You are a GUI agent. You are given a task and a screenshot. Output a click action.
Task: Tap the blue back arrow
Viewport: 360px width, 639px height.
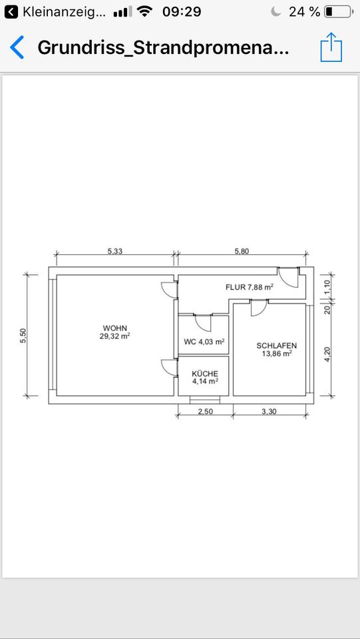17,47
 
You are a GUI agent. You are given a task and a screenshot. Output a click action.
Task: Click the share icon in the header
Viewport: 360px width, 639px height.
331,47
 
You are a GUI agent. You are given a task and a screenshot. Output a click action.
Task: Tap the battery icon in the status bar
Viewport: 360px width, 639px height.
339,12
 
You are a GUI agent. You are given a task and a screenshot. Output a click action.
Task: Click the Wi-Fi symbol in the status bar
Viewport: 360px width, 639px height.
144,12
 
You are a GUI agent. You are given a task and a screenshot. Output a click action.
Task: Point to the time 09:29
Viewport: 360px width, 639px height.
182,12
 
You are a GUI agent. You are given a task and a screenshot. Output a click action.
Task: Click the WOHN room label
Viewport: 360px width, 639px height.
115,327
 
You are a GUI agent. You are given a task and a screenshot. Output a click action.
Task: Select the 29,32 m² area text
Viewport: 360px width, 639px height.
115,336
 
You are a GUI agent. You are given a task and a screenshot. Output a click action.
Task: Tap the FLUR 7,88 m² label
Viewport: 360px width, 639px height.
249,287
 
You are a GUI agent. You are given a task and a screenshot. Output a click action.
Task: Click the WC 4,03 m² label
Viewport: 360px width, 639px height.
204,341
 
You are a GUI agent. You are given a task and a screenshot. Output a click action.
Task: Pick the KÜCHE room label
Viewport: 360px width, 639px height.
205,373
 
